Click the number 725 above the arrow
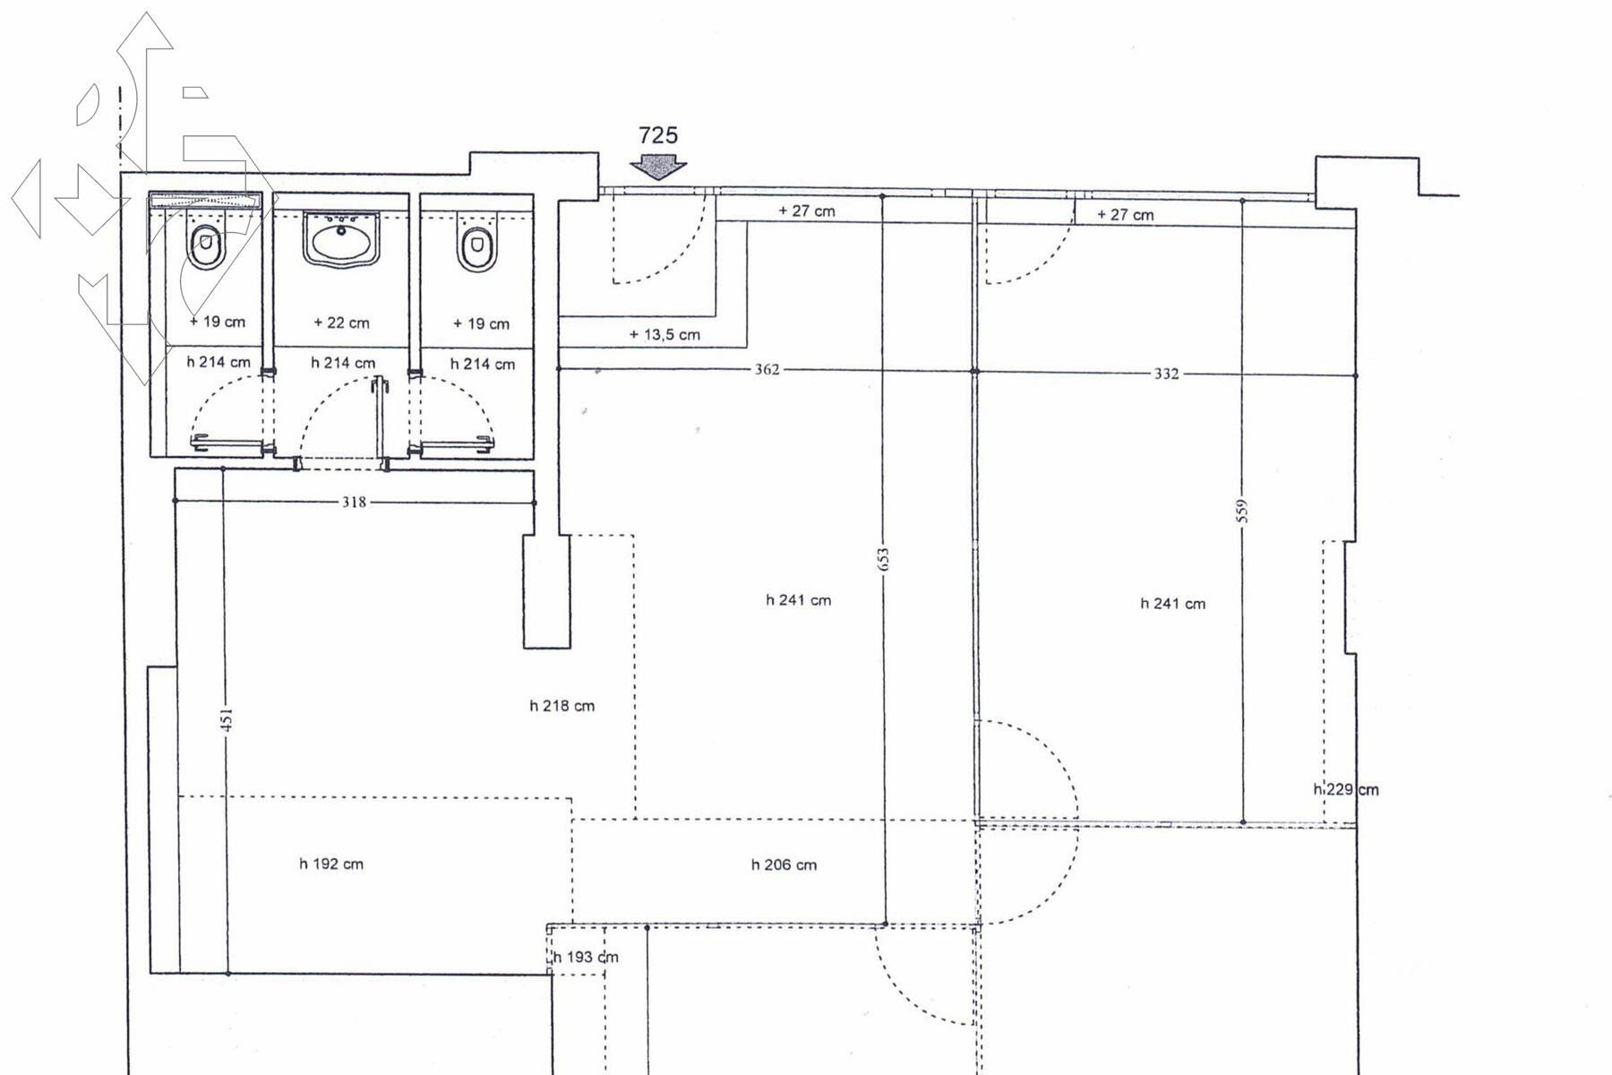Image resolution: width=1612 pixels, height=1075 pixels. (x=658, y=135)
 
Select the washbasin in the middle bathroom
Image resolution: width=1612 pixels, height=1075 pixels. (x=340, y=239)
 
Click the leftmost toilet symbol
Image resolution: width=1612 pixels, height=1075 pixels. (x=207, y=244)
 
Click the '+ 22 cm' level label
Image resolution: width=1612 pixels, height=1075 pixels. (x=341, y=322)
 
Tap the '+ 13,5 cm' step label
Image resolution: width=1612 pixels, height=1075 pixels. (x=665, y=335)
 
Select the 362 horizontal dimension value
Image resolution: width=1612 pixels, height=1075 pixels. (x=767, y=369)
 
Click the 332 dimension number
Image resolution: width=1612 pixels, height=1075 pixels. (x=1166, y=374)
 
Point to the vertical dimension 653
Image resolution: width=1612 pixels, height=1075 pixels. (x=884, y=560)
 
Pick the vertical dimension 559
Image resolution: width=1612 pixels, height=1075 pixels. (x=1242, y=512)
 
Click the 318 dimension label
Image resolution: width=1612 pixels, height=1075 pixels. (x=354, y=503)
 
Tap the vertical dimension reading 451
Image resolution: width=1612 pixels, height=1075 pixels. (x=227, y=720)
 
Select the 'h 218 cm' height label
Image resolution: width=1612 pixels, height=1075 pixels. (x=562, y=706)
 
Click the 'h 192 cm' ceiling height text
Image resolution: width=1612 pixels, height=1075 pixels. (x=331, y=864)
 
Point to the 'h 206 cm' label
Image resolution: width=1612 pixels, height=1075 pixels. (x=784, y=865)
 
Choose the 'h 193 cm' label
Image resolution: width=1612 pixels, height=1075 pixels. (x=586, y=958)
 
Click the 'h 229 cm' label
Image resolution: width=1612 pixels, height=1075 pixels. (x=1346, y=790)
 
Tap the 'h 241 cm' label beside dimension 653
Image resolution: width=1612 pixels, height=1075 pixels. (x=799, y=600)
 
